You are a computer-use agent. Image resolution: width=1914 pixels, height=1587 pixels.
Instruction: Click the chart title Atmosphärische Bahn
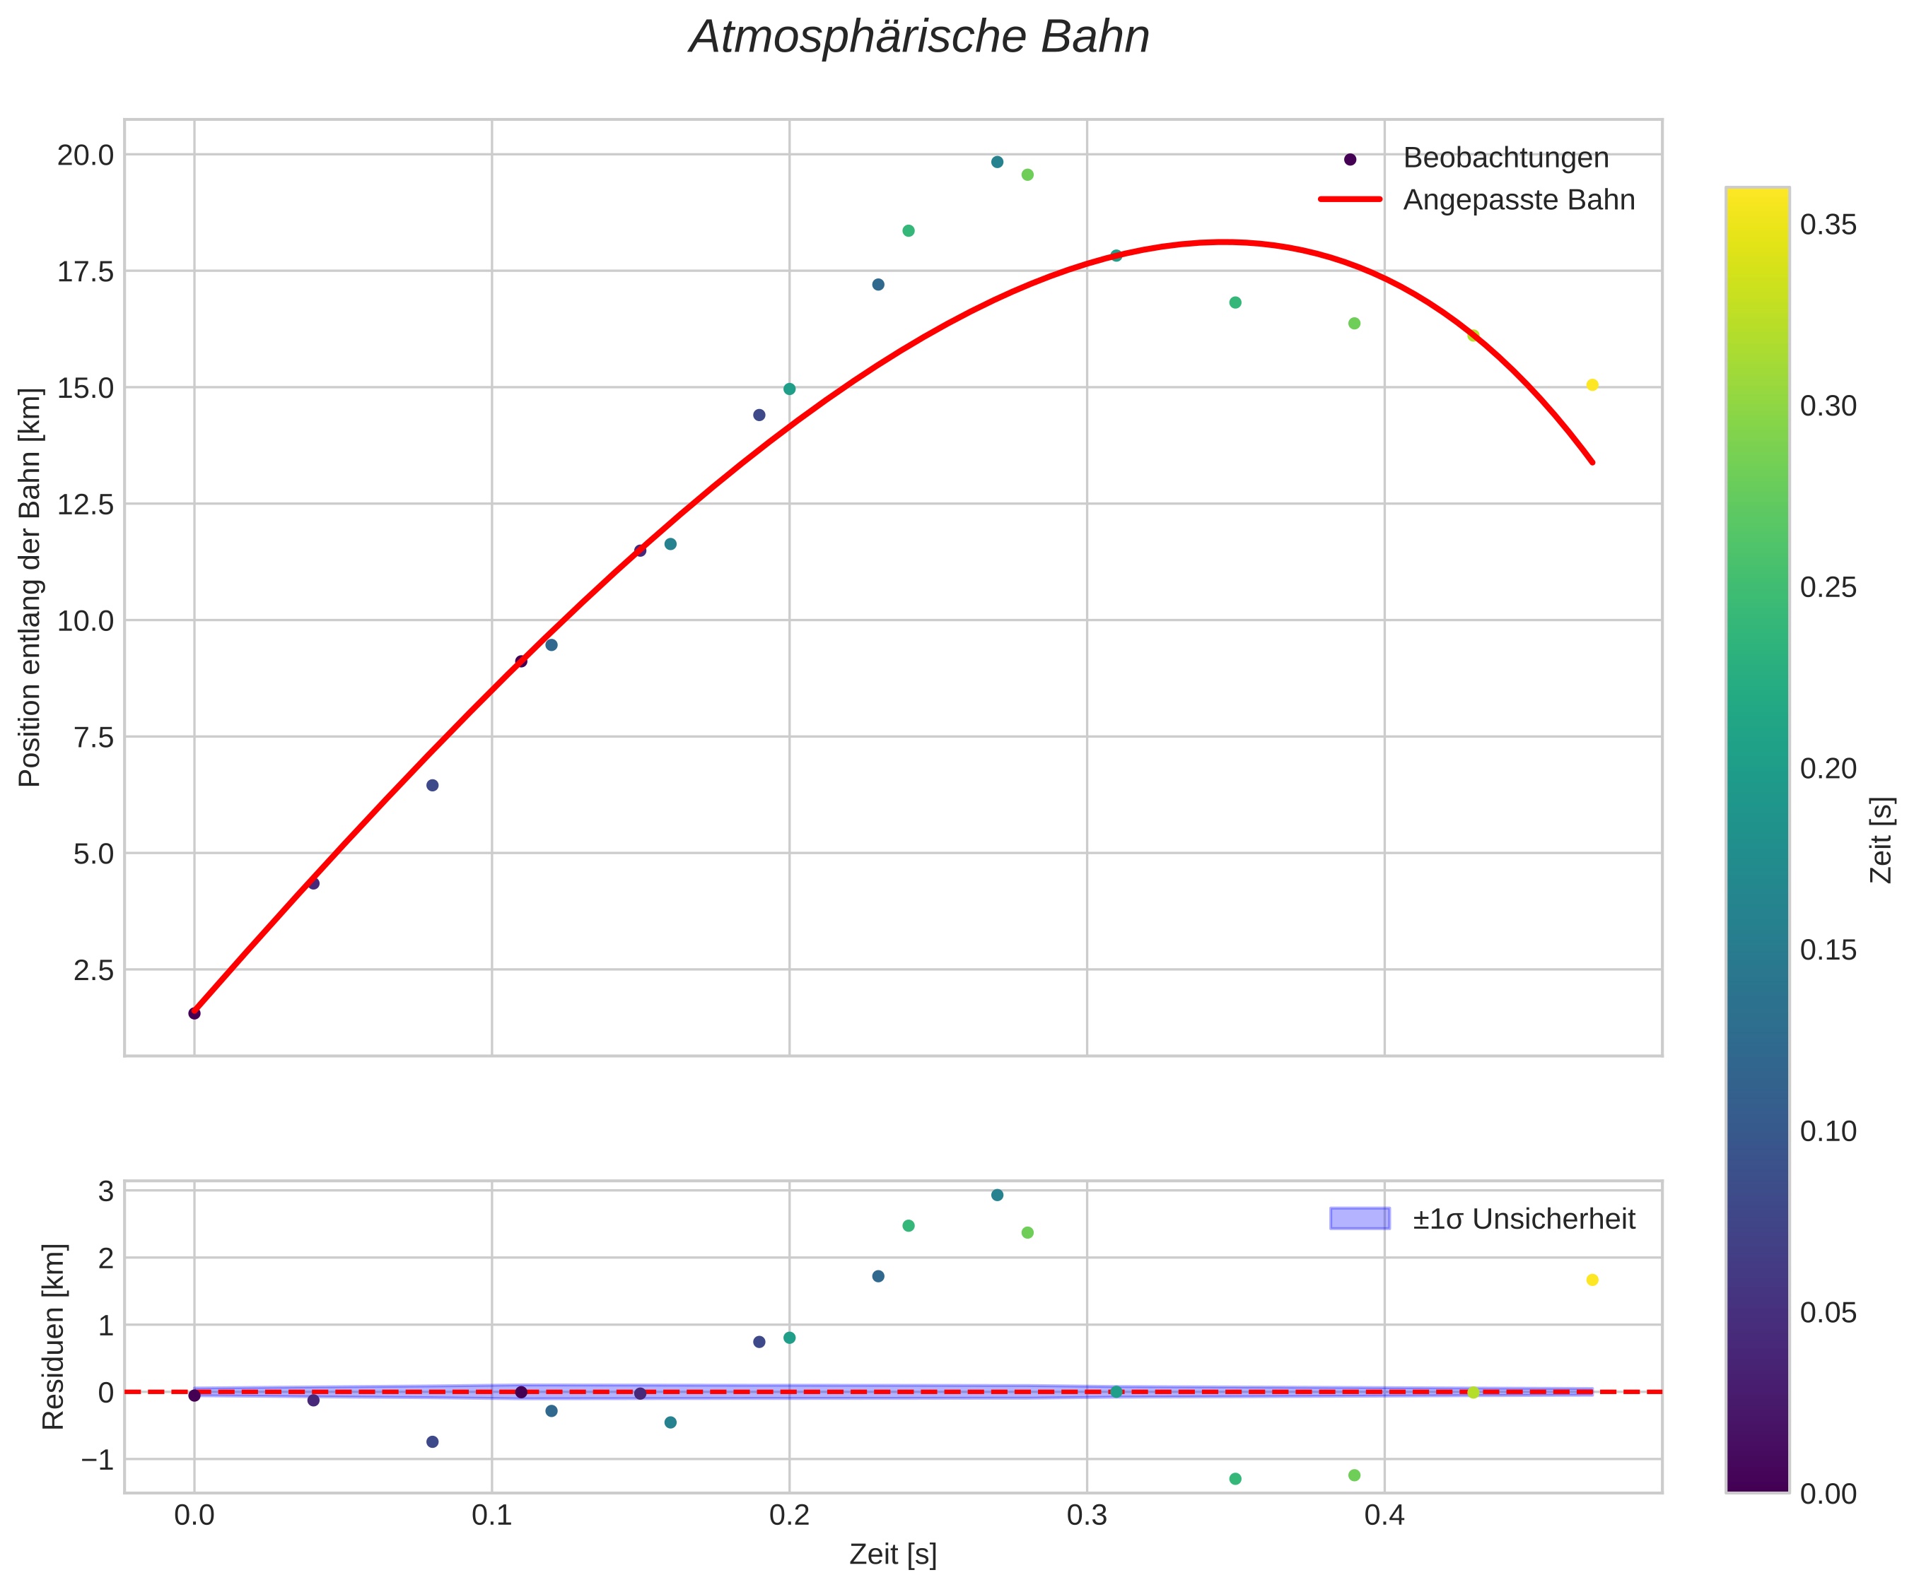pos(918,38)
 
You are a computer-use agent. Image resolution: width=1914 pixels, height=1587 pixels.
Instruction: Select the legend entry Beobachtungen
pos(1505,158)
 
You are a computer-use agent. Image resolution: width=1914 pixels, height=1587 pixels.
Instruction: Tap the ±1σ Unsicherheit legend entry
pos(1523,1219)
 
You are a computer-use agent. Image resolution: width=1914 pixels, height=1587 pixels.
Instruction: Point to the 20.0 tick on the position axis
pos(86,155)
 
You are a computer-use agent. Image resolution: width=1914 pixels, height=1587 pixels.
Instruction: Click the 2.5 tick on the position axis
pos(94,970)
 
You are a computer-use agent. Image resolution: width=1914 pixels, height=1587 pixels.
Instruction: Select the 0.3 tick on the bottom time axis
pos(1087,1515)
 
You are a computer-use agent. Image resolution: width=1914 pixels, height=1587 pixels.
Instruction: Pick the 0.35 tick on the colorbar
pos(1828,225)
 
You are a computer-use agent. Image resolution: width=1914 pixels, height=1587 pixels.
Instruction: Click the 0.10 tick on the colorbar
pos(1828,1131)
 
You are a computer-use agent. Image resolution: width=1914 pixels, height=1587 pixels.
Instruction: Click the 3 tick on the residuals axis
pos(106,1191)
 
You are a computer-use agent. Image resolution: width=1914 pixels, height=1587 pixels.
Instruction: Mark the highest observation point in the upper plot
pos(997,162)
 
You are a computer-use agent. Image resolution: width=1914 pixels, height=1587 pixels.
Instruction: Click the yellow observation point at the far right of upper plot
pos(1592,385)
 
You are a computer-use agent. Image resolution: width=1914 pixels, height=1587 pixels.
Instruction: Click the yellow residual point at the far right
pos(1592,1280)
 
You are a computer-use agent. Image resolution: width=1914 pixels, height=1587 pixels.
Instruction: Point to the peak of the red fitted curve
pos(1223,242)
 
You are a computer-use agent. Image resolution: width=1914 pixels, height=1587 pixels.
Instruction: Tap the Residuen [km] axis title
pos(54,1336)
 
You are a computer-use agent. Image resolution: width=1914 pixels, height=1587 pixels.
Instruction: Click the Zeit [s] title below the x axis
pos(892,1555)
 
